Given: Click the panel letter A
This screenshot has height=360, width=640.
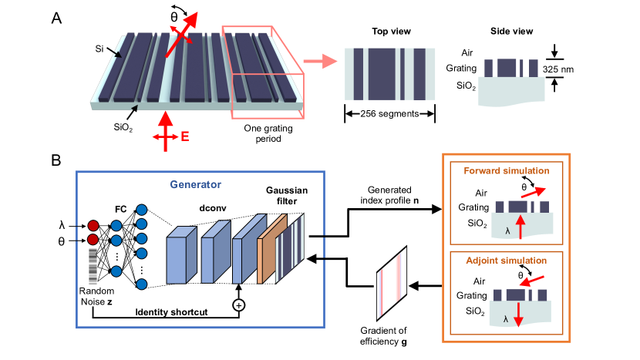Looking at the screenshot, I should [57, 17].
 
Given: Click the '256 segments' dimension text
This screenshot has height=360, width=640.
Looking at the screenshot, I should [389, 113].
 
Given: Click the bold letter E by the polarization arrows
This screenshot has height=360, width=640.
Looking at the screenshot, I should [185, 134].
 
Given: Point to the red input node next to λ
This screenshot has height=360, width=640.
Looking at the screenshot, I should [93, 225].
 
